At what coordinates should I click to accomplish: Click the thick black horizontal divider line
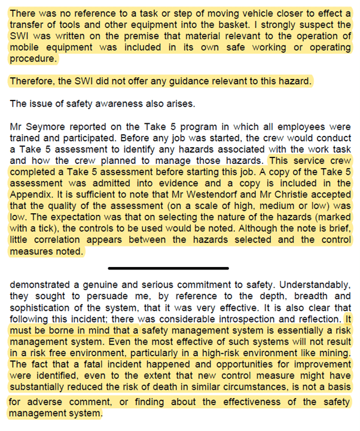(x=168, y=268)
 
